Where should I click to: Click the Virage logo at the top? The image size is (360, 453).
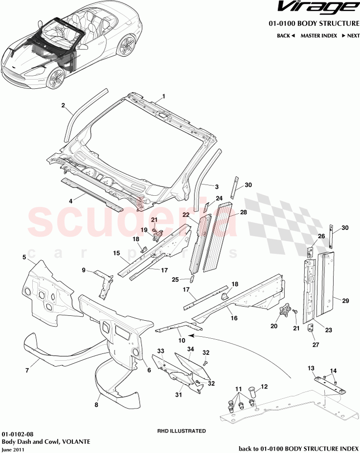pyautogui.click(x=317, y=7)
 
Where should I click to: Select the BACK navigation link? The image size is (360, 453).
pyautogui.click(x=286, y=36)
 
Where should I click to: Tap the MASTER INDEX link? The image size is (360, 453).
pyautogui.click(x=319, y=36)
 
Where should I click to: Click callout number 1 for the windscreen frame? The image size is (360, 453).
pyautogui.click(x=164, y=96)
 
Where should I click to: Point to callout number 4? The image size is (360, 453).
pyautogui.click(x=70, y=201)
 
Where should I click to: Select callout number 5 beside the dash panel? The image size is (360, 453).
pyautogui.click(x=24, y=257)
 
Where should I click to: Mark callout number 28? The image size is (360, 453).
pyautogui.click(x=244, y=213)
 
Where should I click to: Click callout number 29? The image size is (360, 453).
pyautogui.click(x=345, y=301)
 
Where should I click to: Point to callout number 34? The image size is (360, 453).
pyautogui.click(x=191, y=349)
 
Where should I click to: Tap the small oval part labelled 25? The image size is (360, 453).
pyautogui.click(x=192, y=280)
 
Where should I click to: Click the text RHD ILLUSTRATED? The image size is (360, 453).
pyautogui.click(x=181, y=432)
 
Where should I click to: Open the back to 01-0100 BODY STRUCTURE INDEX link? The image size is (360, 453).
pyautogui.click(x=298, y=448)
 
